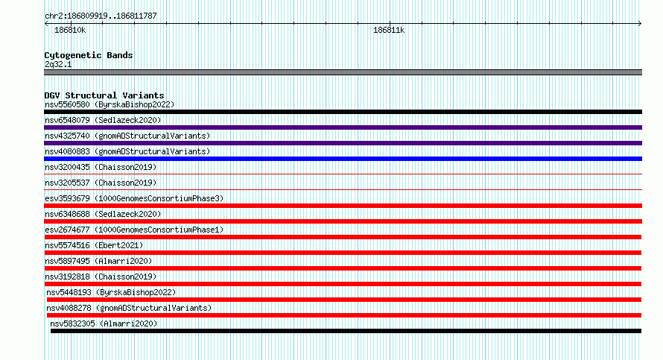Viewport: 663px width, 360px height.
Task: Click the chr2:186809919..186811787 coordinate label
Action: pyautogui.click(x=101, y=16)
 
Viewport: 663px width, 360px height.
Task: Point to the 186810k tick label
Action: pyautogui.click(x=70, y=30)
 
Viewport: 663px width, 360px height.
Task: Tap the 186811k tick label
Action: pyautogui.click(x=389, y=30)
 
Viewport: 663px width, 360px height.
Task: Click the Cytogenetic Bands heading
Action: pyautogui.click(x=89, y=55)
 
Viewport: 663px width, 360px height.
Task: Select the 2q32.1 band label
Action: pyautogui.click(x=58, y=64)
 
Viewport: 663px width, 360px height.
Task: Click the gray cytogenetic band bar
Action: pyautogui.click(x=343, y=72)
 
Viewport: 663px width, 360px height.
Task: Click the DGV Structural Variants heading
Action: pyautogui.click(x=104, y=95)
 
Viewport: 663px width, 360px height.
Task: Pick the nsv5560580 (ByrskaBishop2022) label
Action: pyautogui.click(x=110, y=104)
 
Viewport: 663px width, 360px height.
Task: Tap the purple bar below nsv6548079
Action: pyautogui.click(x=343, y=127)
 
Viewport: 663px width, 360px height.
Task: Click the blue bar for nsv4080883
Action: pyautogui.click(x=343, y=159)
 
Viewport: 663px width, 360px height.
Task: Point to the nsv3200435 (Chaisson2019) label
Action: pyautogui.click(x=101, y=167)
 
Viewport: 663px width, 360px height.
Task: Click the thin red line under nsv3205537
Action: pyautogui.click(x=343, y=189)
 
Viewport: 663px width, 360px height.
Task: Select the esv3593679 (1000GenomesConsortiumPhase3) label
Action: pyautogui.click(x=134, y=198)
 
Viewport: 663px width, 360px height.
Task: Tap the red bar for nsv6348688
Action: pyautogui.click(x=343, y=221)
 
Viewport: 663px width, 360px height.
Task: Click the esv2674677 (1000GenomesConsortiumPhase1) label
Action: pyautogui.click(x=134, y=230)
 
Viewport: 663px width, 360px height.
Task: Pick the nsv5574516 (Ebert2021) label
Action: pyautogui.click(x=94, y=245)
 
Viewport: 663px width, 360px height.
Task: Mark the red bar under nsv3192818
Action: pyautogui.click(x=343, y=284)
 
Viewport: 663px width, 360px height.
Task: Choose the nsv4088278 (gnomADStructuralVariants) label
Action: pyautogui.click(x=129, y=308)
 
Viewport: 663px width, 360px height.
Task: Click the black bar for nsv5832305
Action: pyautogui.click(x=346, y=331)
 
